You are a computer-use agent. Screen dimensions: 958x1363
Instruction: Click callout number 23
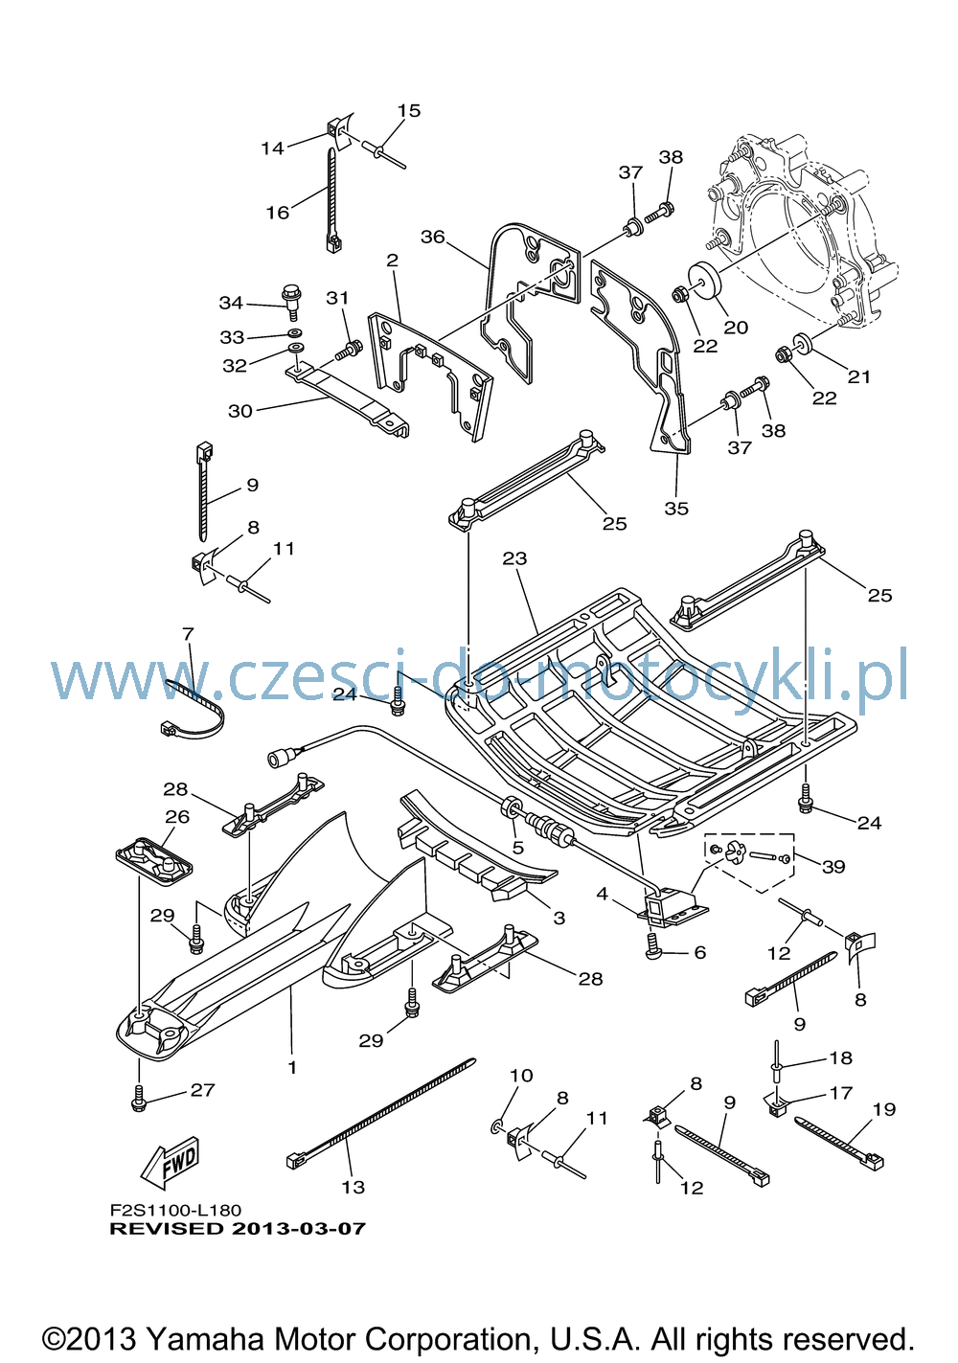514,558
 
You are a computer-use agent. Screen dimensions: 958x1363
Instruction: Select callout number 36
433,237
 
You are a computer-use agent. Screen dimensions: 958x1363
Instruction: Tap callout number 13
353,1187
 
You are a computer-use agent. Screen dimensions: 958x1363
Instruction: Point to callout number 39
833,867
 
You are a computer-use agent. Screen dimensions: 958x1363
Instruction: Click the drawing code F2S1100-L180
175,1211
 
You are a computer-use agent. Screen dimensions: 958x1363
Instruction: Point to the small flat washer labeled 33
295,333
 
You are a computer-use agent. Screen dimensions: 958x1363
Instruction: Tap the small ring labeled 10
496,1125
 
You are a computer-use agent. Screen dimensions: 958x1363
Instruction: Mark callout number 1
291,1067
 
